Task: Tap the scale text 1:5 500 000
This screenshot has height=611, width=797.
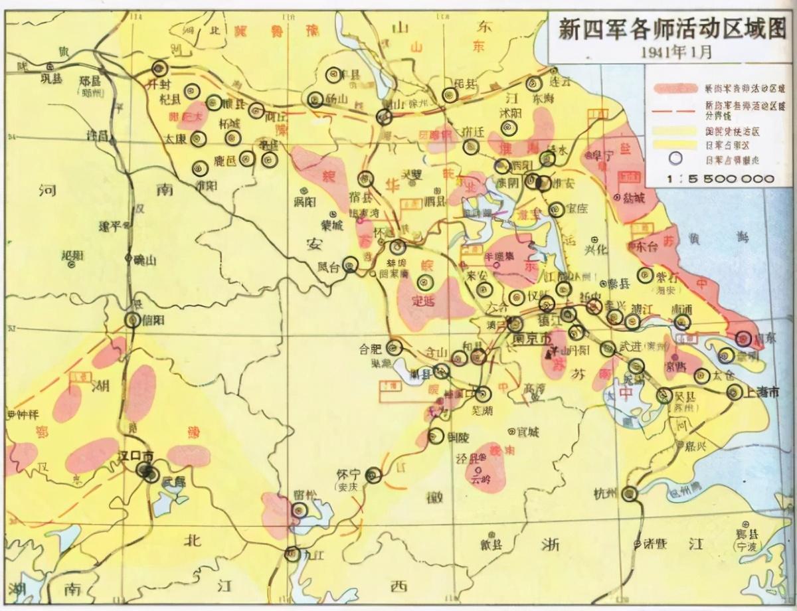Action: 721,179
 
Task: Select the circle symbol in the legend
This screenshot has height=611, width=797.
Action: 675,159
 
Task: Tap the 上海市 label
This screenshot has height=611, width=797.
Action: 761,393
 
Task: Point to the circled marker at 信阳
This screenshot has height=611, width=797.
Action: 133,320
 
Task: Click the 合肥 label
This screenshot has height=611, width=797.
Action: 371,347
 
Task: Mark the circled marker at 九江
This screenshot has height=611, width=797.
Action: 292,553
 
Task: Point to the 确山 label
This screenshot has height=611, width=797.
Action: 144,260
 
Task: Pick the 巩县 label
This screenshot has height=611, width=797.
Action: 50,78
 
